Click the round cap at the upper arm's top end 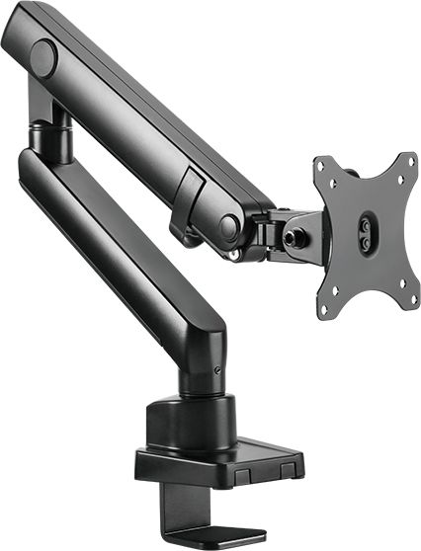(x=43, y=58)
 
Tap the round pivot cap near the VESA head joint (x=228, y=228)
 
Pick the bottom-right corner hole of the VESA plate (x=404, y=287)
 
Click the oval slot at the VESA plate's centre (x=368, y=233)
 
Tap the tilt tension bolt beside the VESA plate (x=293, y=238)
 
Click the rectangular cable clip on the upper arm (x=192, y=187)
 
